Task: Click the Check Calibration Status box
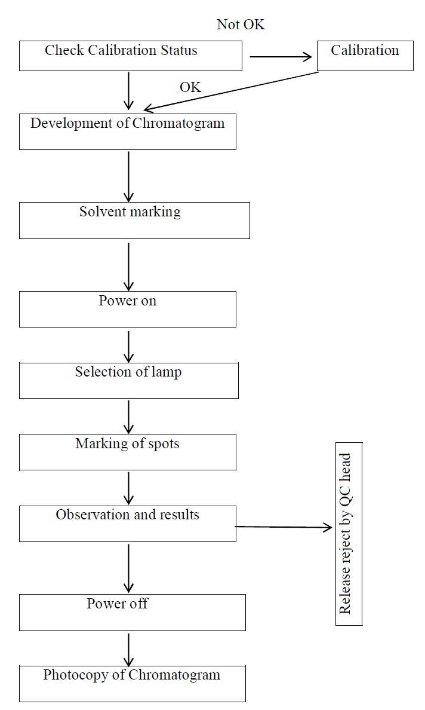point(130,56)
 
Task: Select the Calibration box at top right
point(364,56)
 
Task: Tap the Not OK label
point(241,25)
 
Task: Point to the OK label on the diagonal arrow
point(190,87)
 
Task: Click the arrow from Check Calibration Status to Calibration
point(281,57)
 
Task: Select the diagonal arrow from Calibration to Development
point(233,91)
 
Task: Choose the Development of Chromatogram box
point(127,131)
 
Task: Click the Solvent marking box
point(134,220)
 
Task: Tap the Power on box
point(127,309)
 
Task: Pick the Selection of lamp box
point(128,380)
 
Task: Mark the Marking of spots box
point(127,452)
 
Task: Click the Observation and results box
point(127,523)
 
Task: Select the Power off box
point(132,612)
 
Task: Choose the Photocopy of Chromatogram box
point(132,683)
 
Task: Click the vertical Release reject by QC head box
point(349,533)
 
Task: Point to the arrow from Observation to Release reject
point(284,527)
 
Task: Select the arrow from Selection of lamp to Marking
point(128,416)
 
